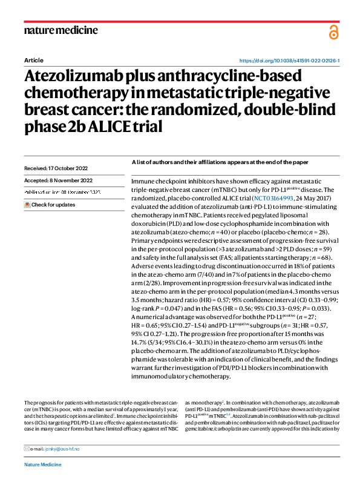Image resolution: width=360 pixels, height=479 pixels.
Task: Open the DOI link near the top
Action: click(290, 61)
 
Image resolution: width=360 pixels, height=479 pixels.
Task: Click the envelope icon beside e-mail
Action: click(26, 449)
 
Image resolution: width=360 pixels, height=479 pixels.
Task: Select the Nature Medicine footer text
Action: click(44, 464)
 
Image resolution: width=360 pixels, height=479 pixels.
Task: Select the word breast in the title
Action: click(47, 110)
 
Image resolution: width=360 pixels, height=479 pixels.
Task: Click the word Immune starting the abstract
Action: click(144, 181)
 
